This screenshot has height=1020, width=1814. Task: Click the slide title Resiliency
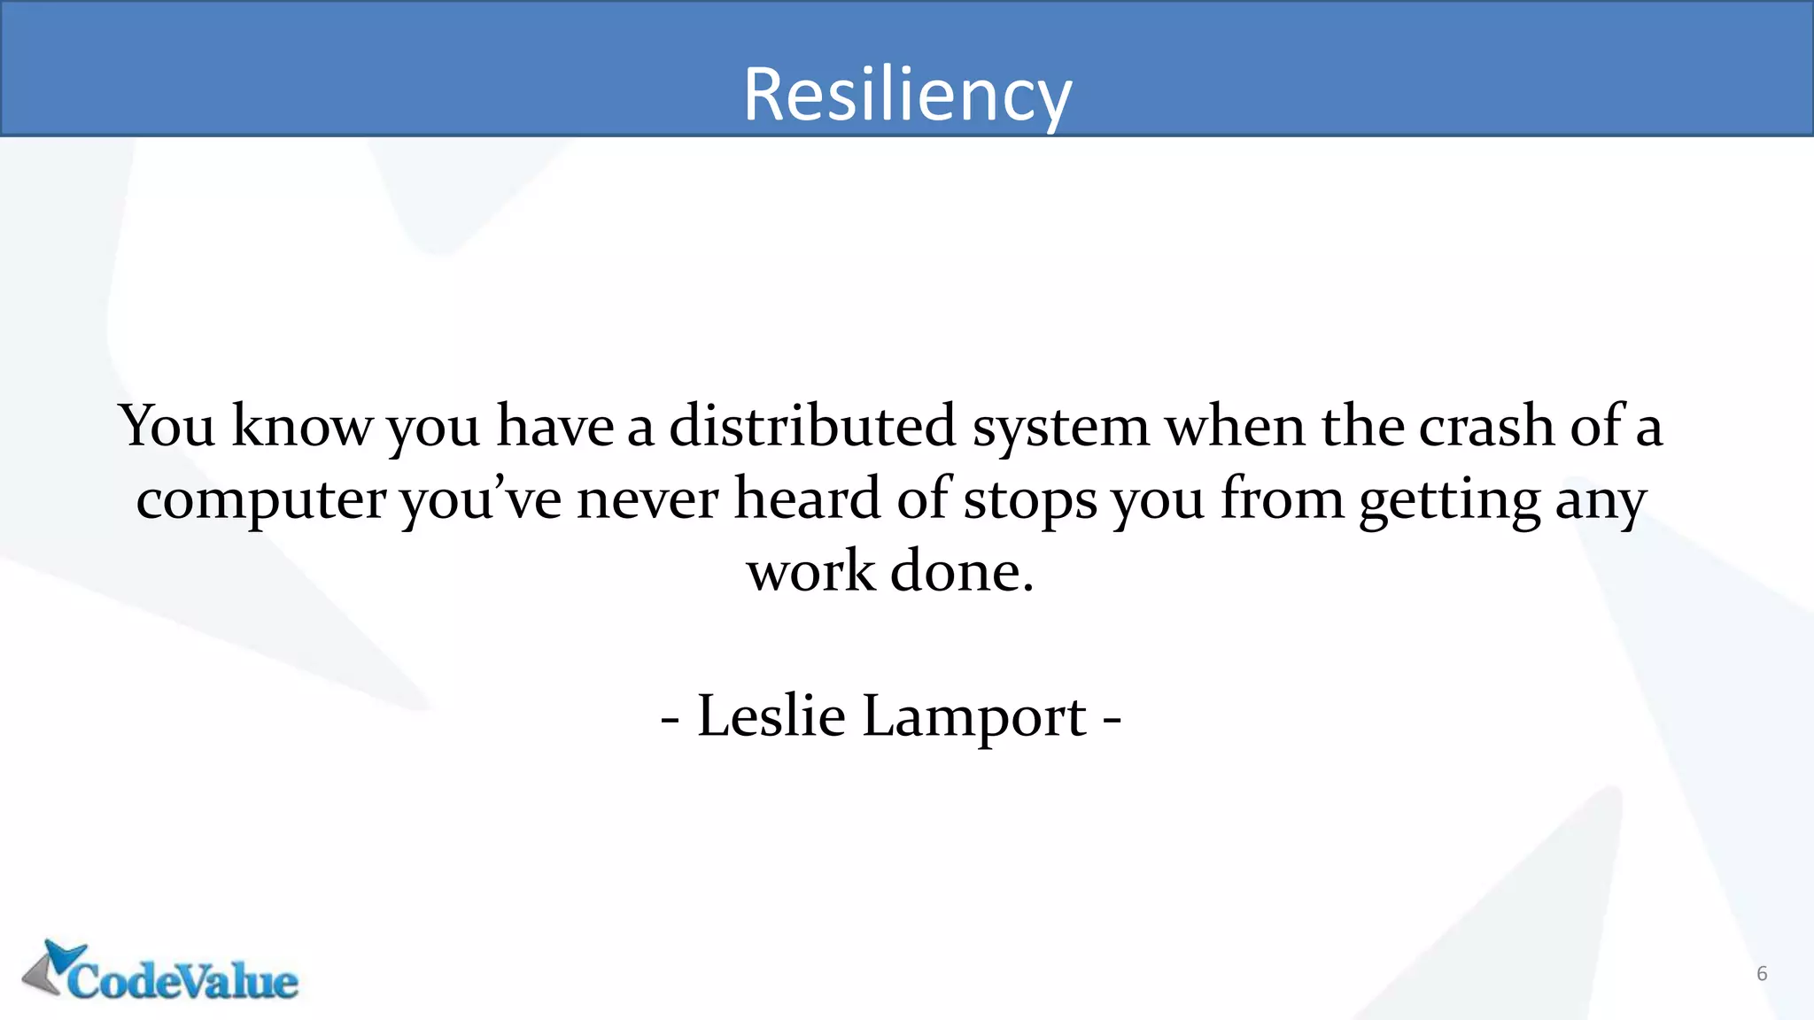pyautogui.click(x=907, y=94)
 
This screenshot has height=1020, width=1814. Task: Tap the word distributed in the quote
pyautogui.click(x=811, y=426)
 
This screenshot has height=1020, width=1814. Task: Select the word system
pyautogui.click(x=1060, y=428)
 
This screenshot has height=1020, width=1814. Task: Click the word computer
pyautogui.click(x=260, y=500)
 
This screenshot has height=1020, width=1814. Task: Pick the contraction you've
pyautogui.click(x=480, y=500)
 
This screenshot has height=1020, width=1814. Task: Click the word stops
pyautogui.click(x=1030, y=500)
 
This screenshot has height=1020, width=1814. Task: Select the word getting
pyautogui.click(x=1449, y=500)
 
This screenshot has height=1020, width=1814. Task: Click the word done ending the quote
pyautogui.click(x=961, y=571)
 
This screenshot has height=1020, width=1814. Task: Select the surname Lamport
pyautogui.click(x=973, y=717)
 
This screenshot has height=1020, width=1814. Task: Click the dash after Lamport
pyautogui.click(x=1112, y=717)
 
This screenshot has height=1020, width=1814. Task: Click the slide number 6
pyautogui.click(x=1762, y=974)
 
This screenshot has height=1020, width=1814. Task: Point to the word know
pyautogui.click(x=301, y=426)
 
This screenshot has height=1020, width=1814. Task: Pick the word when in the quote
pyautogui.click(x=1235, y=426)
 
